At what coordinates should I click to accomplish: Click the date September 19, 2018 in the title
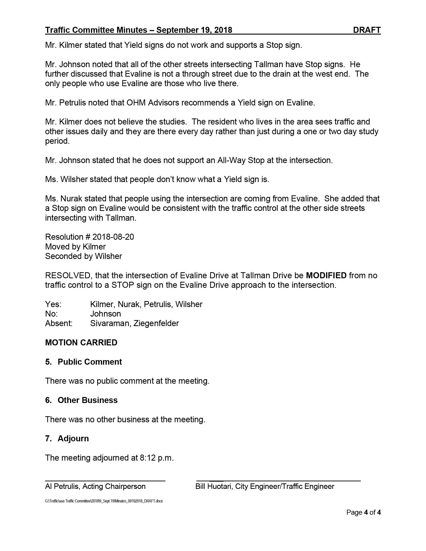(194, 30)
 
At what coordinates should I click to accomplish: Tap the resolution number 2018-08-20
(113, 237)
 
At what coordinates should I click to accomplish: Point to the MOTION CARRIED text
(81, 342)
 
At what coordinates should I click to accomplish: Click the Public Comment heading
(90, 362)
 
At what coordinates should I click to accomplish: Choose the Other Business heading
(87, 400)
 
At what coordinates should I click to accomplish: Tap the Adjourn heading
(73, 439)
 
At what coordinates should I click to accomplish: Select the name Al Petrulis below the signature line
(62, 486)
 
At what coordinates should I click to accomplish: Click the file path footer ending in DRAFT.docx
(104, 501)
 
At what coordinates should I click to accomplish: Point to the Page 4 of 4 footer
(363, 512)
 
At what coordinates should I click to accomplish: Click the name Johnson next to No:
(105, 314)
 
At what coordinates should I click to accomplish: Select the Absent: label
(59, 323)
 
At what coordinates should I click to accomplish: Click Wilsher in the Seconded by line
(108, 256)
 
